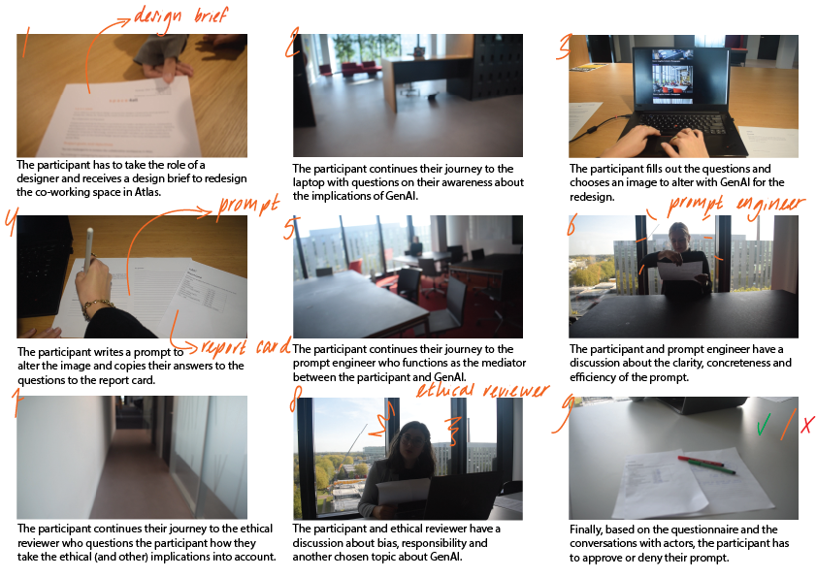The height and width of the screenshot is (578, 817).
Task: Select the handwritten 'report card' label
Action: [239, 347]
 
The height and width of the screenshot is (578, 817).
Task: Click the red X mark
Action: [806, 424]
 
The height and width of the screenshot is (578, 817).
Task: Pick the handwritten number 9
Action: [559, 416]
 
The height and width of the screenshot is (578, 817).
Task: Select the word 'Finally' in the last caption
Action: [586, 530]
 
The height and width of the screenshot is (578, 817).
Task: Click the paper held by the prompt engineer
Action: [680, 272]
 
